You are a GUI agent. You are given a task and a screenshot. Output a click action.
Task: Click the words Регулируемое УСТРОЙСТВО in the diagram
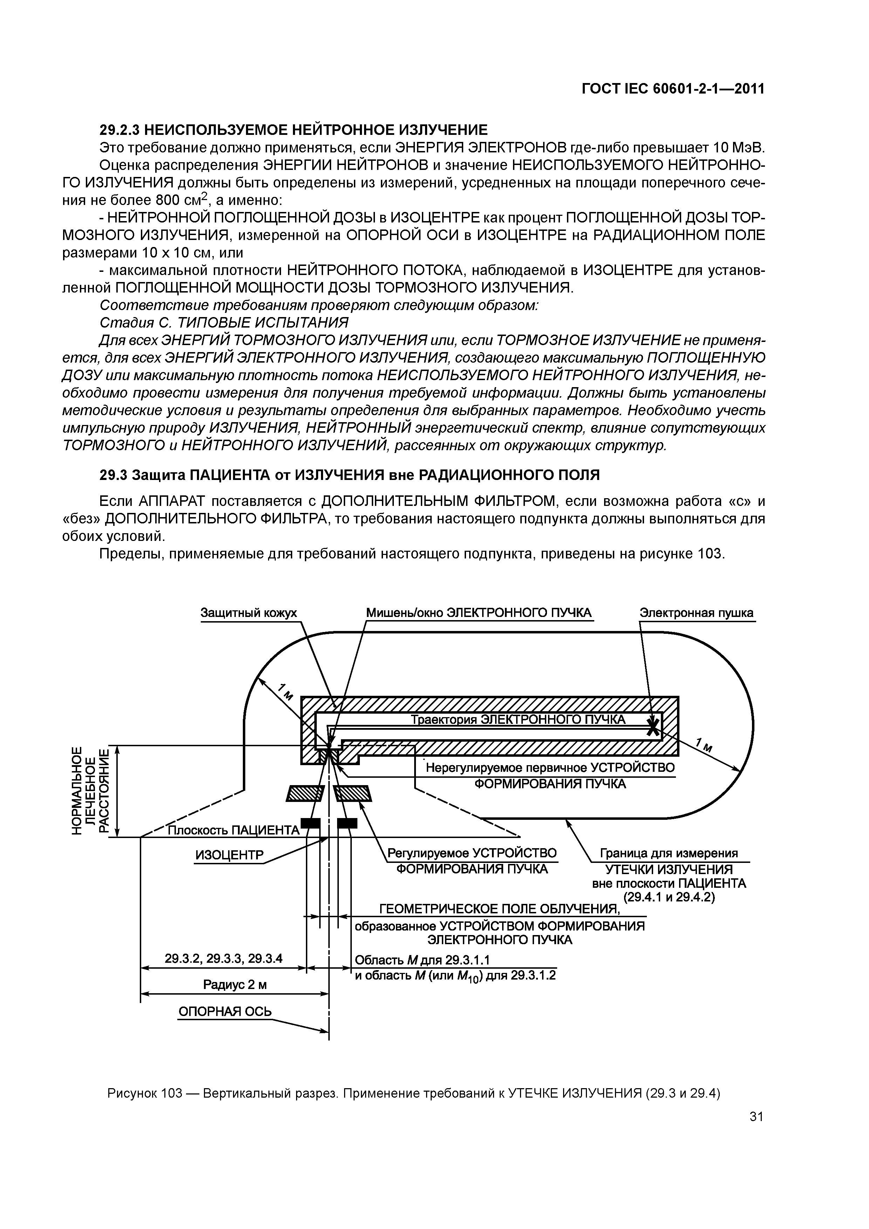pos(472,853)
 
